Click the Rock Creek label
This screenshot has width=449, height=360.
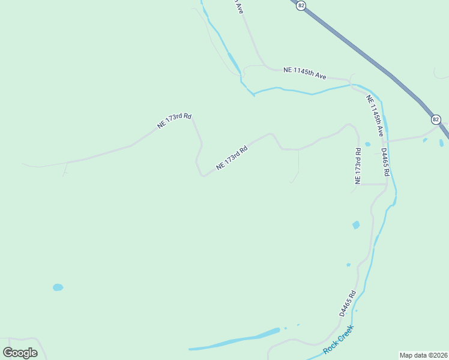coord(339,340)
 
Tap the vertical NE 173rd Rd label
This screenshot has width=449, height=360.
coord(358,166)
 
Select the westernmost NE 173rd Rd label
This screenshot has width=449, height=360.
coord(174,121)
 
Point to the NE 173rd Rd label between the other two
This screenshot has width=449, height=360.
coord(232,157)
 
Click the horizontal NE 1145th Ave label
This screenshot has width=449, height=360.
coord(305,72)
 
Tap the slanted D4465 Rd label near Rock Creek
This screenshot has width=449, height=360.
coord(348,304)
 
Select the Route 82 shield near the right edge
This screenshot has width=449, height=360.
coord(436,119)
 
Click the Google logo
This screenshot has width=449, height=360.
coord(20,352)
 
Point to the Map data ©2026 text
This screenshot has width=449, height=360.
coord(423,355)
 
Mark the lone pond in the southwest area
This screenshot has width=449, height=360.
coord(58,287)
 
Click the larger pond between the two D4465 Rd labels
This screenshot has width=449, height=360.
coord(356,225)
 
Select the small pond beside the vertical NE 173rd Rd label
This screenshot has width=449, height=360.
coord(367,144)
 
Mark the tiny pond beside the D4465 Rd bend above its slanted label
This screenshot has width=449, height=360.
coord(348,265)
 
